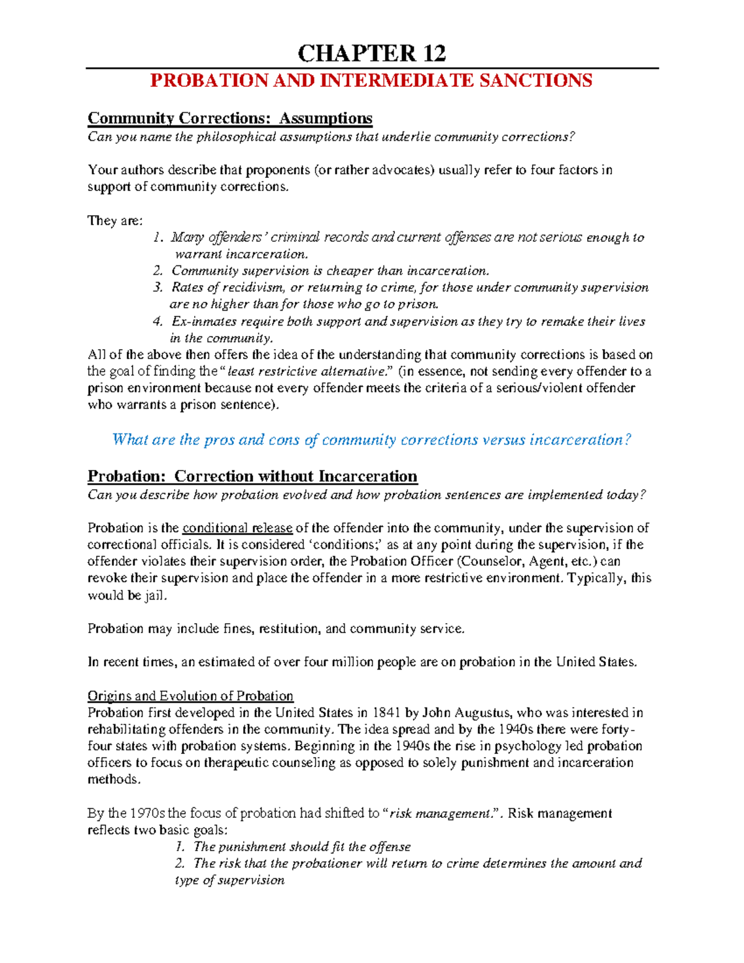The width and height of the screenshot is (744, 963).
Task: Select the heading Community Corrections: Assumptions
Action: click(230, 118)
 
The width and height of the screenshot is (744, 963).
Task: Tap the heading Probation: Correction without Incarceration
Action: click(252, 476)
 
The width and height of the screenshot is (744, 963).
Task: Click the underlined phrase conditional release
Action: click(237, 528)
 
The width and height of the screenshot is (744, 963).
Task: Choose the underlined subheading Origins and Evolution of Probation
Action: click(190, 696)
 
